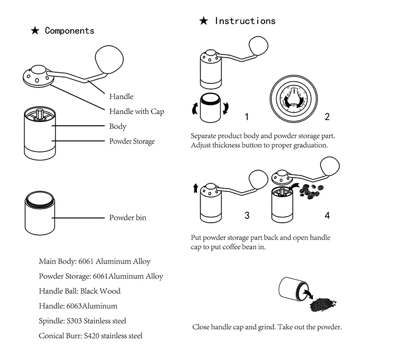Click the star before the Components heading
[x=35, y=31]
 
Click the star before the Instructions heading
[x=204, y=21]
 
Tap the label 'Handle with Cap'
[x=137, y=111]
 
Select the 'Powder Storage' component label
[x=132, y=141]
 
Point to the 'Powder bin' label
[x=128, y=217]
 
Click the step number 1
[x=247, y=116]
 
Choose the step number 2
[x=327, y=116]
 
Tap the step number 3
[x=247, y=215]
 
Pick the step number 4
[x=327, y=215]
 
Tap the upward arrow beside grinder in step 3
[x=195, y=188]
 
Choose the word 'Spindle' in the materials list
[x=52, y=321]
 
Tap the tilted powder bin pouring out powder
[x=291, y=289]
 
